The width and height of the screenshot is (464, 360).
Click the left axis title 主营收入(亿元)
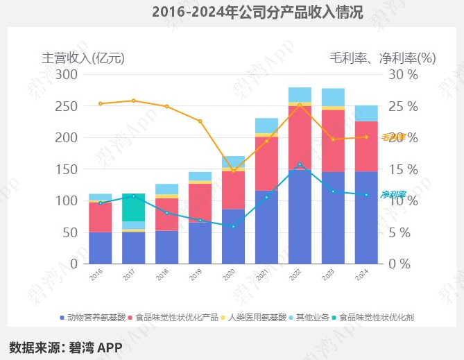[x=83, y=58]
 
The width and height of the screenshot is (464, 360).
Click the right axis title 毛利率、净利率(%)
[x=382, y=58]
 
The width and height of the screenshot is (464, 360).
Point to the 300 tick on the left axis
[x=67, y=74]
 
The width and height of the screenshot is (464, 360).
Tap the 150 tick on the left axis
[x=67, y=169]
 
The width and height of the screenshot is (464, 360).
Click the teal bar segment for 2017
[x=134, y=207]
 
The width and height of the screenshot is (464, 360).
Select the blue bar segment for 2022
[x=300, y=216]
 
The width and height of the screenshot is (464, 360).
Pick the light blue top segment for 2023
[x=333, y=97]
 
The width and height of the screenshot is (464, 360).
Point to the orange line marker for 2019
[x=200, y=121]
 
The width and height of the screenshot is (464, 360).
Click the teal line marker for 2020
[x=233, y=226]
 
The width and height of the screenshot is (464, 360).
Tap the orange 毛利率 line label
[x=393, y=137]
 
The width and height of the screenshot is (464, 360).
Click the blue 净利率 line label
[x=393, y=195]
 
